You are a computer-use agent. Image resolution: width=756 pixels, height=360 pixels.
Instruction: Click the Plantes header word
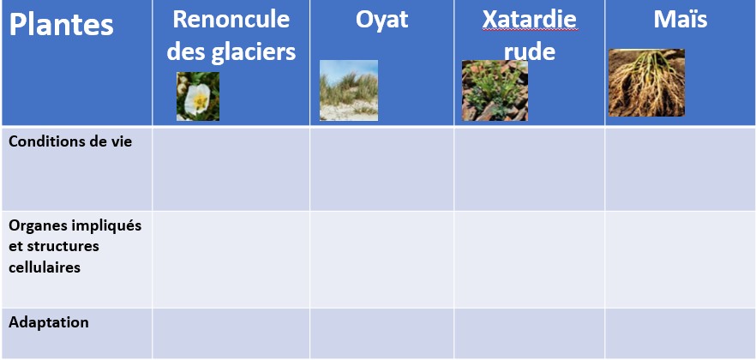tap(61, 25)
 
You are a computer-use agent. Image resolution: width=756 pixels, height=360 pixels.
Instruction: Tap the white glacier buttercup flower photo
tap(198, 96)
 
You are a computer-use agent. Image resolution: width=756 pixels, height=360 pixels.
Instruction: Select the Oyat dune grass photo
tap(349, 90)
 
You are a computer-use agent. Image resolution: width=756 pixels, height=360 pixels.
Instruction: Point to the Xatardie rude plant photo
tap(495, 91)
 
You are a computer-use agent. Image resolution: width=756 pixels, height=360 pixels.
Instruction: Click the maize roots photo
tap(646, 83)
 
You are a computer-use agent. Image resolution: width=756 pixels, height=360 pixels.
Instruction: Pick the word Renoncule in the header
tap(231, 19)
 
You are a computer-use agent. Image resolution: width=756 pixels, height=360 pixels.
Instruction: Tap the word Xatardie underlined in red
tap(530, 19)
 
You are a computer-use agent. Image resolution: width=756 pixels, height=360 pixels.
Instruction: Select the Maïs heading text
tap(681, 19)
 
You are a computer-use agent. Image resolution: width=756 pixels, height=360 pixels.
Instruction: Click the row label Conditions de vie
tap(70, 141)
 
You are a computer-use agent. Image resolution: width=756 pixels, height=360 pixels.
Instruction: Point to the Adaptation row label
tap(49, 322)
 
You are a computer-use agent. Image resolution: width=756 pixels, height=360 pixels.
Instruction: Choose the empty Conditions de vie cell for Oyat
tap(382, 169)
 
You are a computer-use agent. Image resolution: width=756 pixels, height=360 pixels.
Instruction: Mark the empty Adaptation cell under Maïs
tap(680, 333)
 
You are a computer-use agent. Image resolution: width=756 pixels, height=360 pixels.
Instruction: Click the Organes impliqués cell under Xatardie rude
tap(530, 259)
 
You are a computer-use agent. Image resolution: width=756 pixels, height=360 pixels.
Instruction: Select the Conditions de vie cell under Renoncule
tap(231, 169)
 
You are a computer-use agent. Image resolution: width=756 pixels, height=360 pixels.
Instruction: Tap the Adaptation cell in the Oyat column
tap(382, 333)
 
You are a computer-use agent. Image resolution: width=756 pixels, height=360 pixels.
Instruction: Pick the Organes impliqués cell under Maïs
tap(680, 259)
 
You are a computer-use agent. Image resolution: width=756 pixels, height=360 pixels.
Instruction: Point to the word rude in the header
tap(530, 51)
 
